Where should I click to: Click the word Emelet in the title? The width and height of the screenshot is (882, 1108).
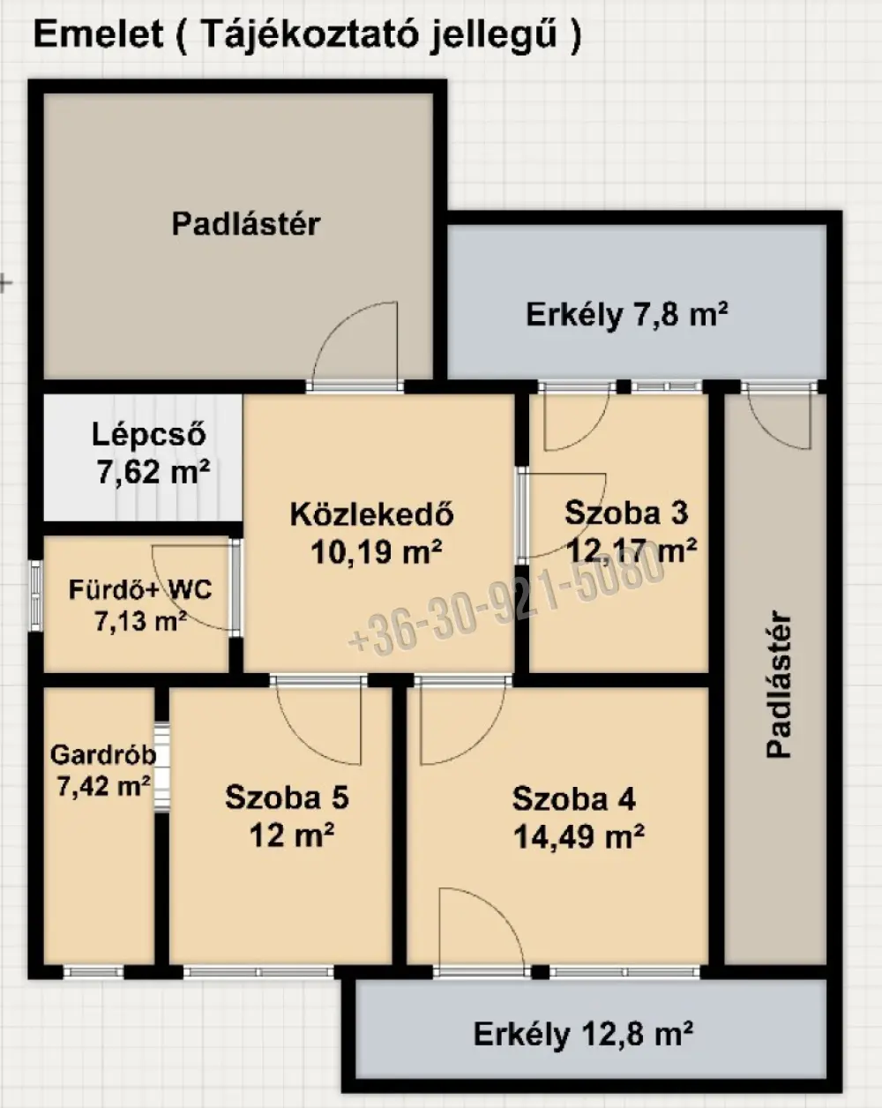coord(99,34)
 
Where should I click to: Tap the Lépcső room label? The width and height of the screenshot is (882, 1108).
coord(149,435)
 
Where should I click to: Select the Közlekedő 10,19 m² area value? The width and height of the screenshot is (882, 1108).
coord(377,553)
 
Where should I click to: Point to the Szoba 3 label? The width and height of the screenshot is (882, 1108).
coord(626,513)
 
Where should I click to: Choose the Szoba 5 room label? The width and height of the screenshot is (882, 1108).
coord(287,797)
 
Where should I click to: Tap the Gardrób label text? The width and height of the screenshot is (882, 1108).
coord(103,755)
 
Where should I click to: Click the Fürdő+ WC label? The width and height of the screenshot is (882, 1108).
coord(140,589)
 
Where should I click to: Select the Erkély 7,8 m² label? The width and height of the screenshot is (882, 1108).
coord(626,314)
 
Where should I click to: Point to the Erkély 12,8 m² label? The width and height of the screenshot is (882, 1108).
coord(583,1034)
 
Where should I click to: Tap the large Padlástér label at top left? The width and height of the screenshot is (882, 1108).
coord(245,224)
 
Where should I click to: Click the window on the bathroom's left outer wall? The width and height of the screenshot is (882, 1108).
coord(35,595)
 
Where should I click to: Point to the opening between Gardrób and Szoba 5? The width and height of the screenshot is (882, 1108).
coord(161,767)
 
